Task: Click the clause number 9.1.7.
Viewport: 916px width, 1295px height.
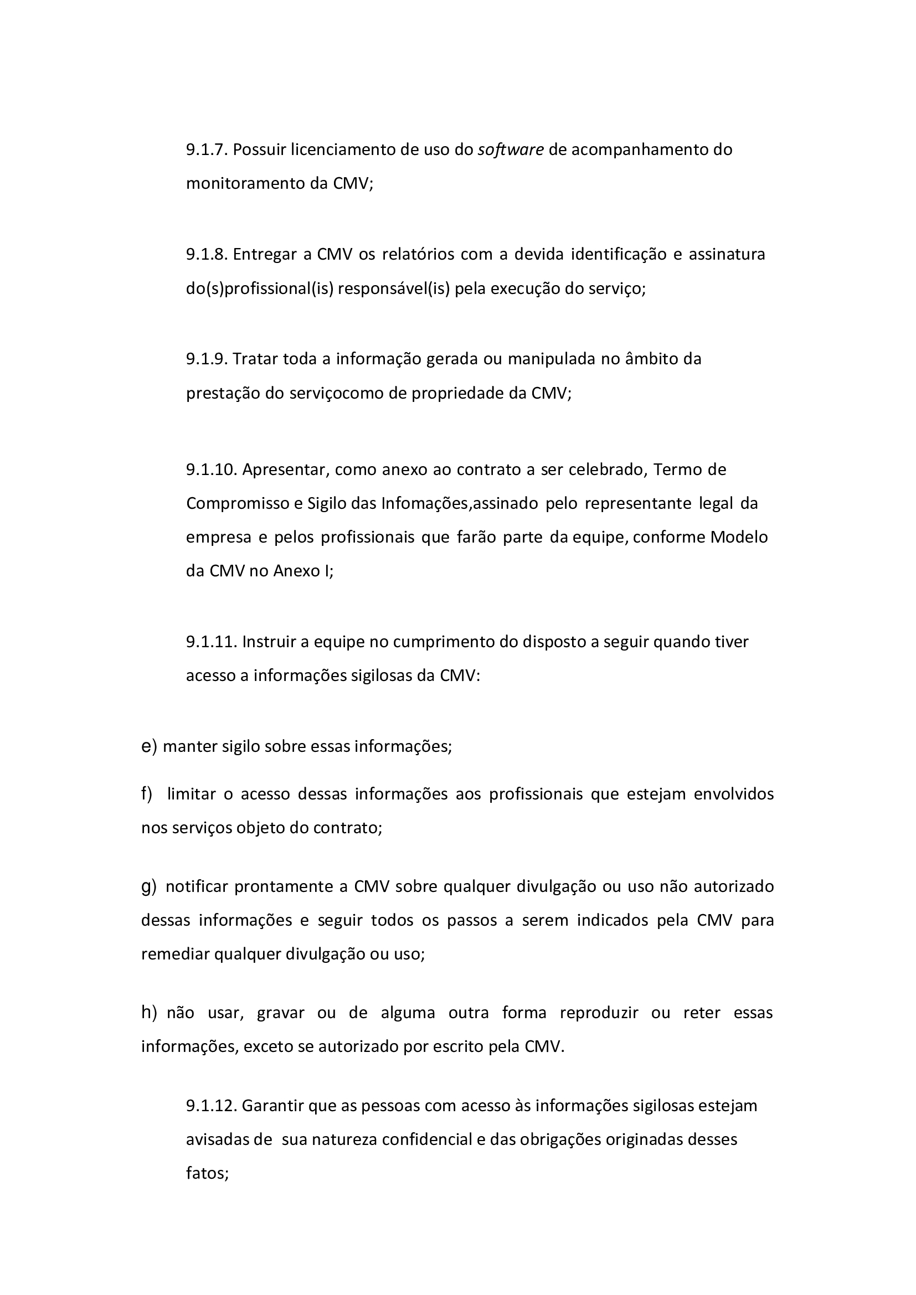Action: [x=207, y=150]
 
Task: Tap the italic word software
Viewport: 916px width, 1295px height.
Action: [x=511, y=150]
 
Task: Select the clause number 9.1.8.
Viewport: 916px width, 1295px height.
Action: [x=207, y=255]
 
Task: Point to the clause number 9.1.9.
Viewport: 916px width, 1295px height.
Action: [x=207, y=359]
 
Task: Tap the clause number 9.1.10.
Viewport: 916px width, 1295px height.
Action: [x=211, y=469]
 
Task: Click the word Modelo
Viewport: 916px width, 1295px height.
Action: [x=739, y=537]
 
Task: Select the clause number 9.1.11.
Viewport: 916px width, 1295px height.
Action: [x=211, y=642]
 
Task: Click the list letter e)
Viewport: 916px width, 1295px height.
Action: [x=149, y=747]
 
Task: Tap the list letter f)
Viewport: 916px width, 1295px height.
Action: [x=147, y=794]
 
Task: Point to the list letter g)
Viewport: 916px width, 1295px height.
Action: [x=149, y=886]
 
